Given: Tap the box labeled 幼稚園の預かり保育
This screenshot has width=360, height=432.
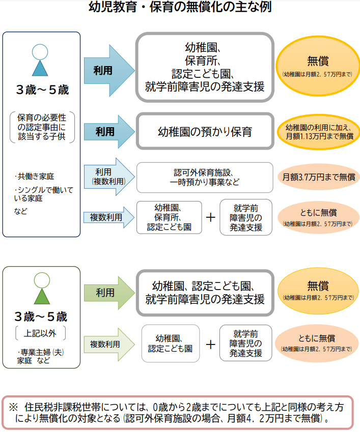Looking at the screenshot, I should coord(205,131).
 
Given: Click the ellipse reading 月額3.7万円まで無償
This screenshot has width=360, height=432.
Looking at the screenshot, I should coord(318,177).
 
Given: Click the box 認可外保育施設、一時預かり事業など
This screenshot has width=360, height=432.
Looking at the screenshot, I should coord(205,177).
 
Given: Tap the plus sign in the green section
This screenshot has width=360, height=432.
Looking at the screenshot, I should coord(211,344).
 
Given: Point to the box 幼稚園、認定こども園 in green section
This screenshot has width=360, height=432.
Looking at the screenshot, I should coord(170,344).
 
